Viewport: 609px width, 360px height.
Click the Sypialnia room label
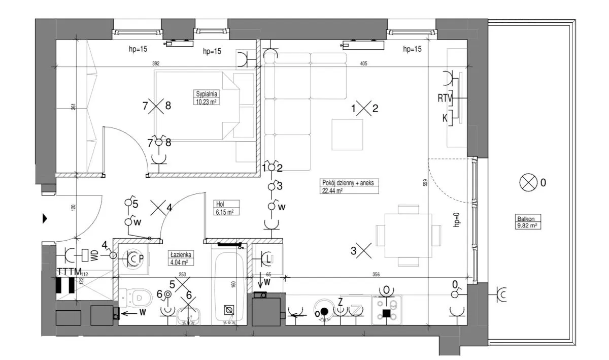pyautogui.click(x=207, y=97)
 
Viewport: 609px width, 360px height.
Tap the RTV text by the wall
pyautogui.click(x=445, y=98)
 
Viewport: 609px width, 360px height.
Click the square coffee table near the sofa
pyautogui.click(x=348, y=134)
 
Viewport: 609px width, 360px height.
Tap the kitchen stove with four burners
pyautogui.click(x=387, y=308)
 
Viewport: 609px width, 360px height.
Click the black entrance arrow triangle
pyautogui.click(x=45, y=219)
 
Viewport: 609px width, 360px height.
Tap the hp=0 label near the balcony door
pyautogui.click(x=456, y=219)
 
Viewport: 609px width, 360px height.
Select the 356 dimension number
pyautogui.click(x=376, y=275)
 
